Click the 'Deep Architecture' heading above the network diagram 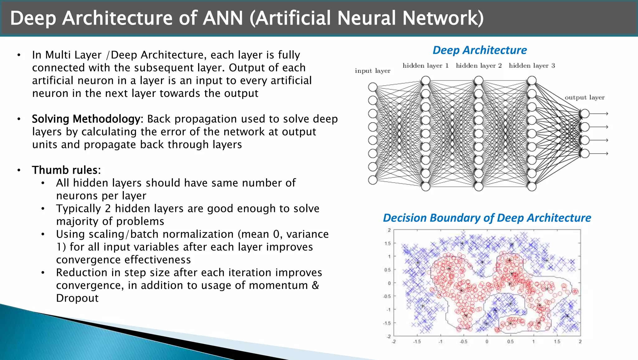click(479, 50)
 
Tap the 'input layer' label click(373, 71)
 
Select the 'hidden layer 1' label click(426, 66)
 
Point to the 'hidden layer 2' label click(479, 66)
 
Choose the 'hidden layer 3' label click(532, 66)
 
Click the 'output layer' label click(584, 98)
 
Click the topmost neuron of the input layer click(373, 87)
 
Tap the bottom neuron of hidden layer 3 click(532, 186)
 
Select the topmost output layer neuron click(585, 113)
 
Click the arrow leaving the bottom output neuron click(599, 153)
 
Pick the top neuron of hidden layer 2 click(479, 80)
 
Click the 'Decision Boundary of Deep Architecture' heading click(487, 218)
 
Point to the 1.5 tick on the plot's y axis click(387, 243)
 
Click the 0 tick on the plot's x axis click(487, 342)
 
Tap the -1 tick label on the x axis click(440, 342)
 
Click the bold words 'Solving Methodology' click(86, 119)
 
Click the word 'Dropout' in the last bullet click(77, 298)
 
